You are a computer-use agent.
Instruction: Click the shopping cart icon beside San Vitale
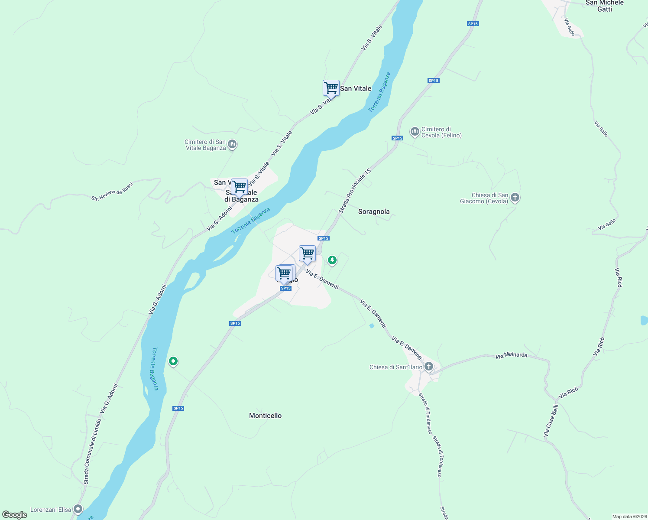(331, 88)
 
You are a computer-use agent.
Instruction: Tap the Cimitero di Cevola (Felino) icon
(415, 132)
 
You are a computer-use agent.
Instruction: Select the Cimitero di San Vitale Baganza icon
(232, 144)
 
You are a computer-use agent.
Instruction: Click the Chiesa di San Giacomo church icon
(515, 198)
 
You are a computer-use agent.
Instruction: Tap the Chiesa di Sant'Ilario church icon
(428, 367)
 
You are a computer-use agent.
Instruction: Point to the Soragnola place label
(374, 211)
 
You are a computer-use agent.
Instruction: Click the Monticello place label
(265, 416)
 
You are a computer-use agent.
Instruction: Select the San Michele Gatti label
(604, 6)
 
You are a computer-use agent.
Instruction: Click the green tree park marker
(332, 260)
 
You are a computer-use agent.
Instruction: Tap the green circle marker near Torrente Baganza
(173, 361)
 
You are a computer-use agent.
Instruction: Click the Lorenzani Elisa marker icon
(78, 509)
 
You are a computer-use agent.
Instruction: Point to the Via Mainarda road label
(511, 355)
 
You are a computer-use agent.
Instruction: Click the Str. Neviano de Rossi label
(112, 192)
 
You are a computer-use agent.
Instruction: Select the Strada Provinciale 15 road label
(355, 191)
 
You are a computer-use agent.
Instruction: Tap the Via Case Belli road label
(551, 420)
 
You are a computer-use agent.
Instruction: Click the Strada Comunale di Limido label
(92, 451)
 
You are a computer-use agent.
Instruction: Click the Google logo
(15, 515)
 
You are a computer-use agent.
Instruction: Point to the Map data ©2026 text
(629, 517)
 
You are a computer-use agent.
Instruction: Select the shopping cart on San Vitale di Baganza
(239, 187)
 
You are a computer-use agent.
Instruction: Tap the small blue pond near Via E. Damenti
(371, 326)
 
